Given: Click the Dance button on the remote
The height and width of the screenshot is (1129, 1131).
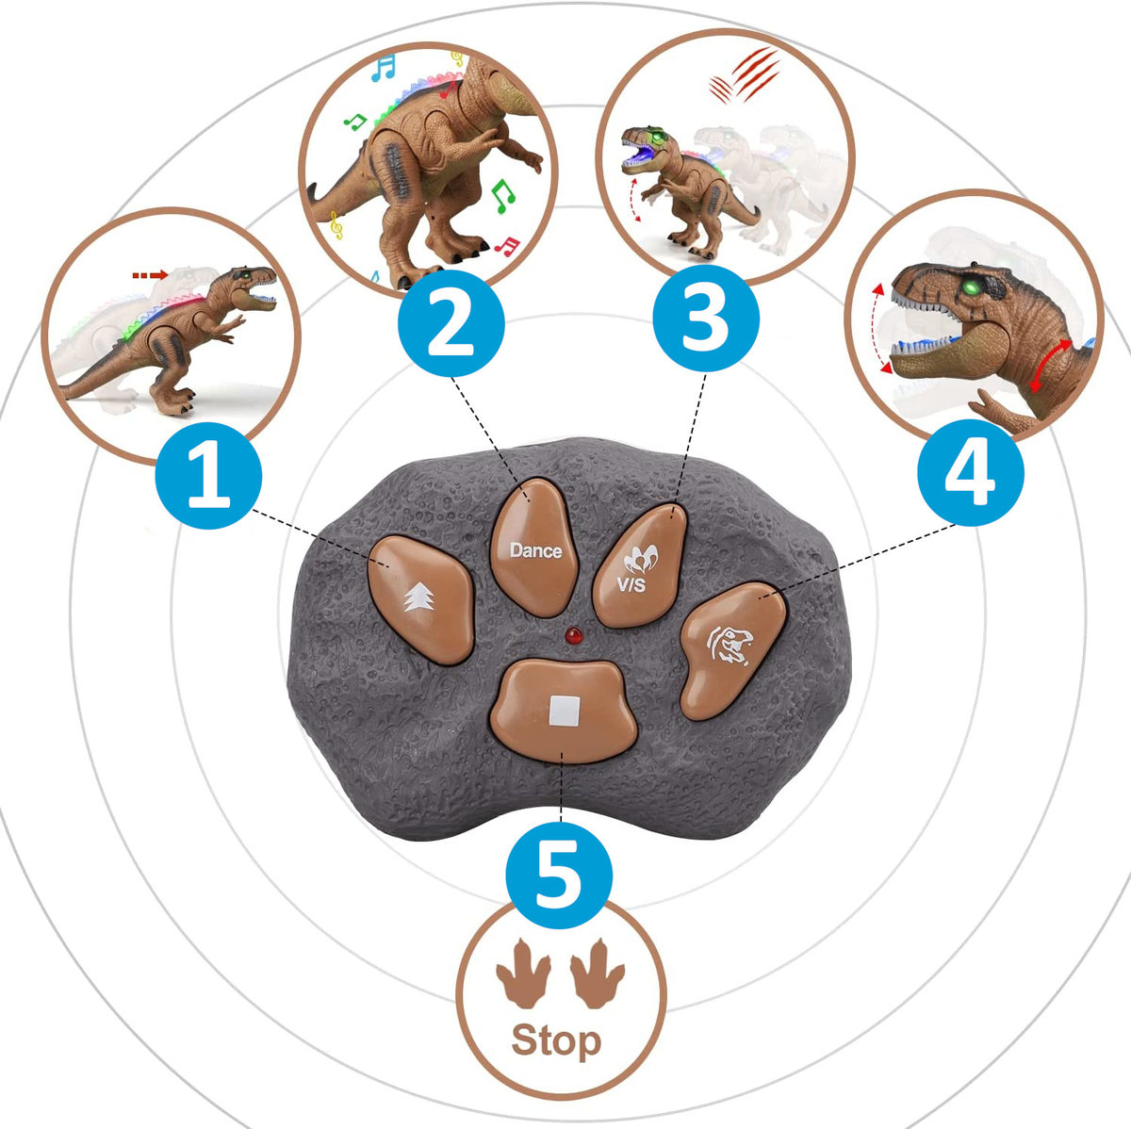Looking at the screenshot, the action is point(534,548).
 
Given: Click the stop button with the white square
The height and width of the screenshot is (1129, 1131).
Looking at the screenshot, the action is point(564,711).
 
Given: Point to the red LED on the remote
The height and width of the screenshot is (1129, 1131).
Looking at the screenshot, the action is point(573,634).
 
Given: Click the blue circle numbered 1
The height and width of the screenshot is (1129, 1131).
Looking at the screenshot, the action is point(208,475).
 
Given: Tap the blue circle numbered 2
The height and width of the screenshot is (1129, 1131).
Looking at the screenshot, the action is point(451,323).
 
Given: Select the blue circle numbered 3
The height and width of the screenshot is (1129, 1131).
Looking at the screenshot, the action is point(706,318).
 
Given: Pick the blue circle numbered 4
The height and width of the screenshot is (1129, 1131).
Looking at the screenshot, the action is point(971,472).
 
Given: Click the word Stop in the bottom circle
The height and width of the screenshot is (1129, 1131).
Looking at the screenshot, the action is point(556,1041).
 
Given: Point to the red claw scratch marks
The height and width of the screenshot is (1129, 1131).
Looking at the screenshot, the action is point(745,76).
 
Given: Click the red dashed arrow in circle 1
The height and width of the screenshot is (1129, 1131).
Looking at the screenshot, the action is point(150,275).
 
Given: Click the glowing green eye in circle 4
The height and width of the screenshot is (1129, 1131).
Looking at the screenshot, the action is point(969,287).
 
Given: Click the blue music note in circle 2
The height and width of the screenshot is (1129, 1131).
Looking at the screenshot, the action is point(384,68).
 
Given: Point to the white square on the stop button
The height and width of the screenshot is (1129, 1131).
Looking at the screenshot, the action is point(565,712).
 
